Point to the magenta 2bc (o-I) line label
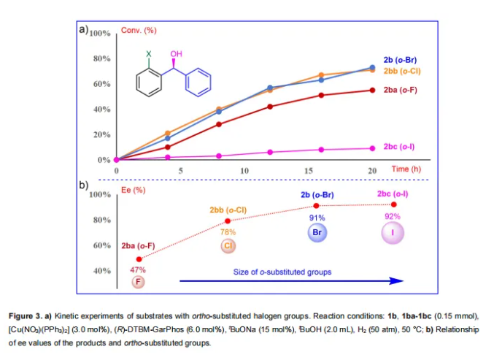pos(399,147)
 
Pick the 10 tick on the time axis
pos(244,170)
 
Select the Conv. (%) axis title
pos(139,31)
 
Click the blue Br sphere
pos(317,232)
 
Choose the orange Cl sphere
pos(228,246)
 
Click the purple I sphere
pos(393,232)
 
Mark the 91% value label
pos(317,218)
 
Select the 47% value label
pos(138,269)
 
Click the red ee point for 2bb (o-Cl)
pos(228,221)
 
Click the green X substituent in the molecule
pos(148,54)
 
